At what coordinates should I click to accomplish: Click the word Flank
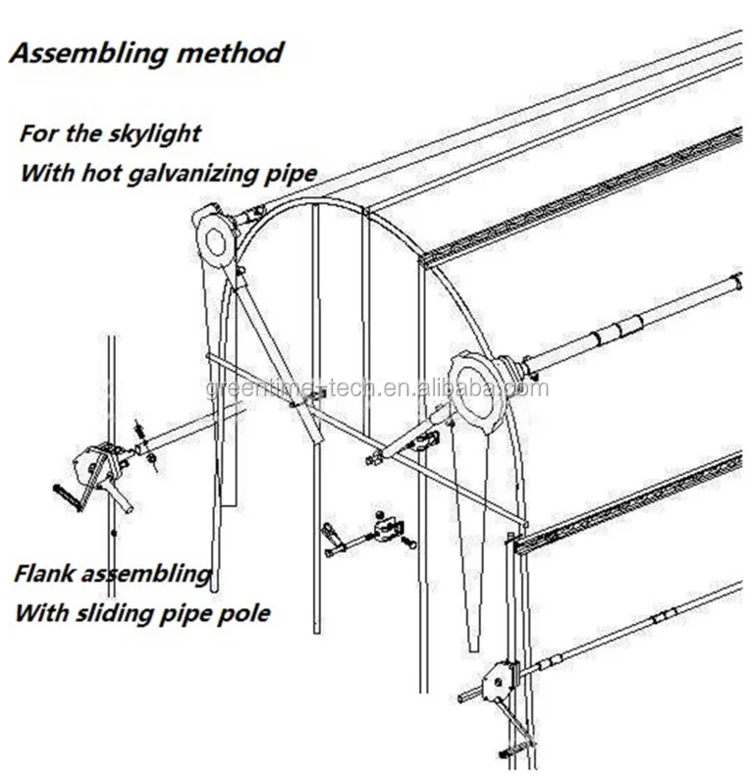tap(46, 573)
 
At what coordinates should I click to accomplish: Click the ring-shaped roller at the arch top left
tap(215, 236)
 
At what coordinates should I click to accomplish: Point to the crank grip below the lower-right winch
tap(515, 752)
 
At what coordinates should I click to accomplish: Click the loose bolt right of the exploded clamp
tap(408, 541)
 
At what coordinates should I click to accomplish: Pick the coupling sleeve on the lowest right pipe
tap(667, 615)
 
